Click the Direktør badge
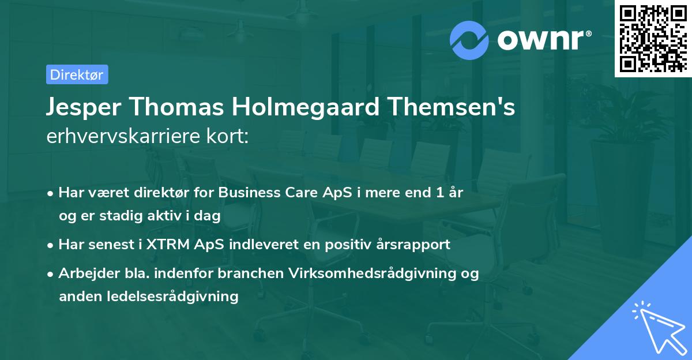(x=77, y=74)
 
